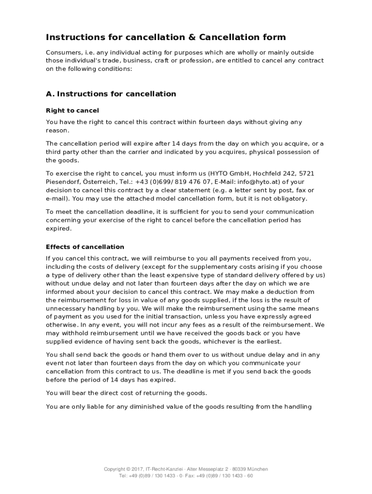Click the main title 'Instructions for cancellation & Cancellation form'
click(x=166, y=37)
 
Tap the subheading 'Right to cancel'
click(x=72, y=110)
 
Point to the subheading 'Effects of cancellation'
click(x=85, y=247)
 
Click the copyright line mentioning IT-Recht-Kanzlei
click(x=186, y=469)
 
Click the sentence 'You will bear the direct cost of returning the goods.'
click(x=127, y=393)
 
